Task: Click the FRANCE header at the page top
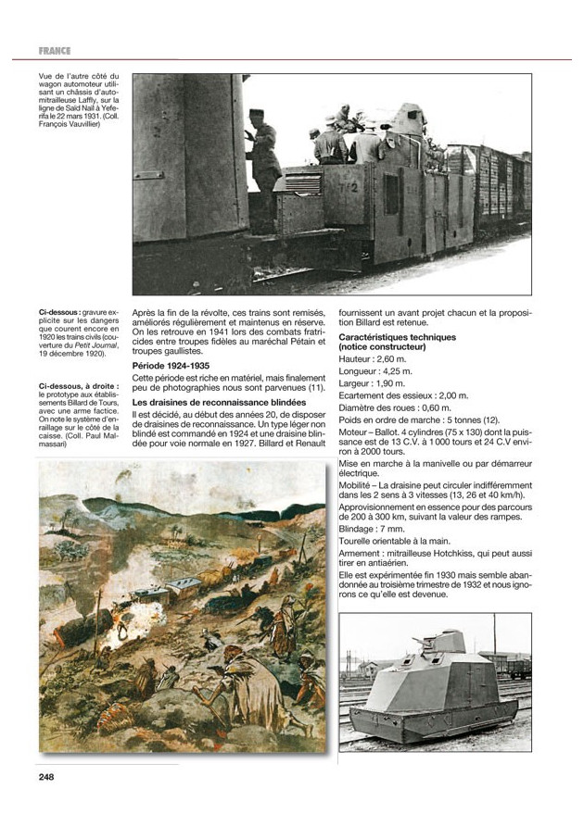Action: (55, 50)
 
